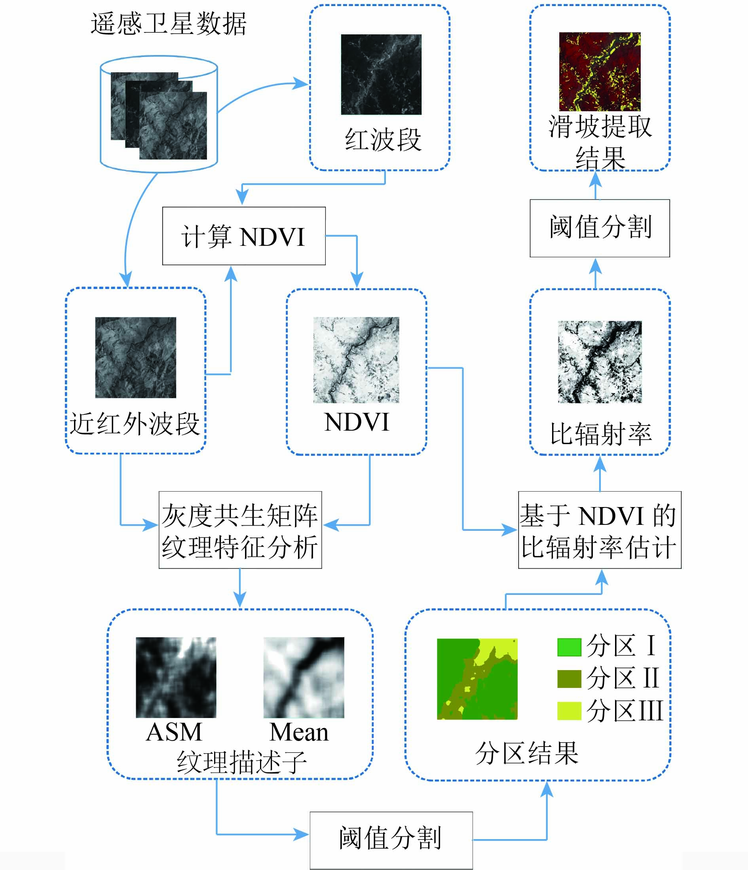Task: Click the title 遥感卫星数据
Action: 168,23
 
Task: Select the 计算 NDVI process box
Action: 243,236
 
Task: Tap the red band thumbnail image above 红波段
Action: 381,74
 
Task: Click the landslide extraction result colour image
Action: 600,71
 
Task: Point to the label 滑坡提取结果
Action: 600,143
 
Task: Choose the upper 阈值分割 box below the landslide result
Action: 600,228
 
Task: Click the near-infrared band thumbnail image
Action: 136,357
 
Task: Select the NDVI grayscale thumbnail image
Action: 356,360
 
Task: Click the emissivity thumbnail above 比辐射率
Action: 600,362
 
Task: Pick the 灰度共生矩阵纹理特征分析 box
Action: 240,530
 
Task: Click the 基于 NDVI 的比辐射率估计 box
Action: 600,530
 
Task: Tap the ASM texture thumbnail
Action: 176,678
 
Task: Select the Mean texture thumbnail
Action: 304,678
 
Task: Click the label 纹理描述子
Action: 241,762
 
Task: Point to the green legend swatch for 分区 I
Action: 569,647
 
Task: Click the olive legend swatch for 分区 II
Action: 569,679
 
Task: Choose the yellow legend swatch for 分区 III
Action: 569,711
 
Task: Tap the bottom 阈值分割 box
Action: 391,838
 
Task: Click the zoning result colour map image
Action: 477,679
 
